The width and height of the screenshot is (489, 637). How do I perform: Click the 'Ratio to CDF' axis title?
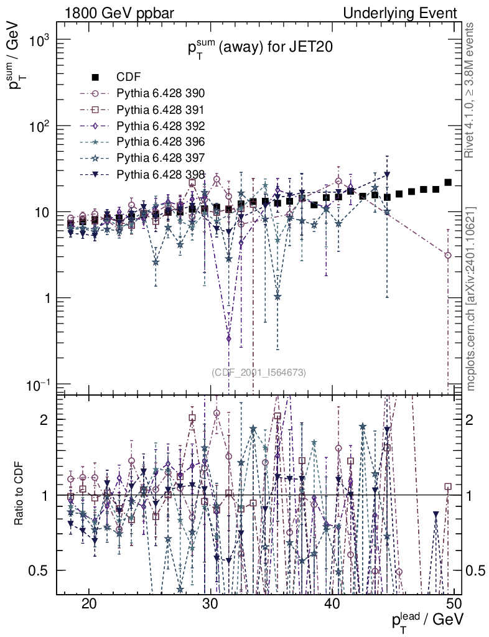pyautogui.click(x=20, y=495)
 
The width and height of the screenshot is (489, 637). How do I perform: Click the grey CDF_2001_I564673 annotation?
pyautogui.click(x=258, y=373)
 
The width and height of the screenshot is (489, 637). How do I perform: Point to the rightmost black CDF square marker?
pyautogui.click(x=448, y=182)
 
